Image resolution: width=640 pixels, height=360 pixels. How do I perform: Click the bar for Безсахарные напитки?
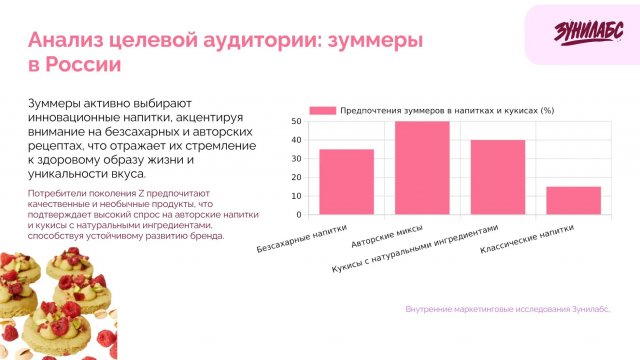(346, 182)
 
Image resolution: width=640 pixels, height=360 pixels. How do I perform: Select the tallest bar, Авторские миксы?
(422, 168)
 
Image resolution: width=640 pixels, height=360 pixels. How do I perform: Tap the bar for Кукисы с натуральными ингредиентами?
(498, 177)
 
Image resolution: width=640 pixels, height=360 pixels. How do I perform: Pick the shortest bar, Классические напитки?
(574, 200)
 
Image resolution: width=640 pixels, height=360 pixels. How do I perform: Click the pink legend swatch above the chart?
(322, 110)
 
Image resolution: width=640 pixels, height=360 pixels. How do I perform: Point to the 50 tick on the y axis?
(296, 121)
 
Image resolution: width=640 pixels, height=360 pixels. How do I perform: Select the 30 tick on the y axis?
(296, 158)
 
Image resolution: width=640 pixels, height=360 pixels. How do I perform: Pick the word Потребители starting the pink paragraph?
(57, 191)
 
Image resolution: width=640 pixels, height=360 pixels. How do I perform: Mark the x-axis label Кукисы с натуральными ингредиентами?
(414, 250)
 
